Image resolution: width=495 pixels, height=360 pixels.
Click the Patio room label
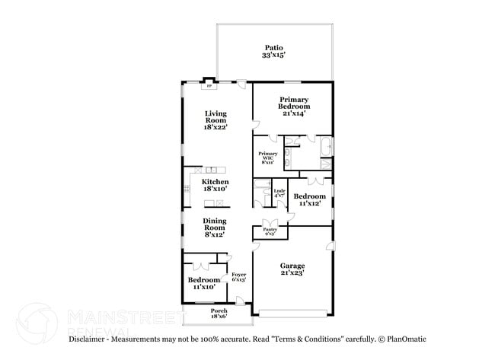click(x=274, y=47)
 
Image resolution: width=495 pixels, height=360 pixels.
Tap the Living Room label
click(x=216, y=117)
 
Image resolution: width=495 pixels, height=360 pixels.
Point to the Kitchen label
click(x=215, y=183)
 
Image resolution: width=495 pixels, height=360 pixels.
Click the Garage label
click(x=292, y=266)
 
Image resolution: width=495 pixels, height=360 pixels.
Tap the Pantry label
click(x=269, y=229)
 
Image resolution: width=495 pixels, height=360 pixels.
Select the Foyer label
click(x=238, y=274)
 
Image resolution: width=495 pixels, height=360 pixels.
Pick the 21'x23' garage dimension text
click(x=292, y=273)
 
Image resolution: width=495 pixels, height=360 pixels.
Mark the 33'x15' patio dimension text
click(x=274, y=55)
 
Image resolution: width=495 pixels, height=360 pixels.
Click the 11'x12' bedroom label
click(x=309, y=199)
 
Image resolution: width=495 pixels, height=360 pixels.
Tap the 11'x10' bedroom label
click(x=203, y=283)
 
